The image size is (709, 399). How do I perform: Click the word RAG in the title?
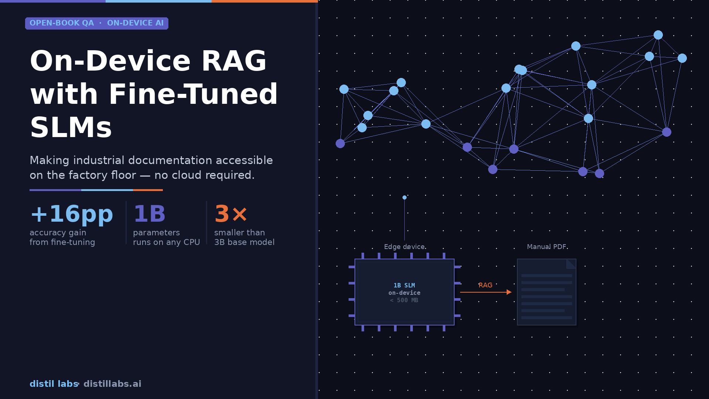tap(233, 61)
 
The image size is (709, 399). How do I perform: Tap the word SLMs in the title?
tap(71, 127)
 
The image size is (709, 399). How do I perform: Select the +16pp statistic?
tap(71, 214)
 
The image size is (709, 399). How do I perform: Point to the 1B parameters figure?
tap(149, 214)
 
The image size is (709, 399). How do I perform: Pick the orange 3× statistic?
tap(230, 214)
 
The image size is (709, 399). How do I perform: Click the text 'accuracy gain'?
tap(58, 233)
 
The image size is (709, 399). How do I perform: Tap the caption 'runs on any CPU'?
tap(166, 242)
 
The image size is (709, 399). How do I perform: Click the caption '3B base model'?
tap(244, 242)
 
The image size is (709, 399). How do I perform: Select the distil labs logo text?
tap(54, 384)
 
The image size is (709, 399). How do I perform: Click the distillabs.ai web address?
tap(112, 384)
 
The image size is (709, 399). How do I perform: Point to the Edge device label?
tap(404, 247)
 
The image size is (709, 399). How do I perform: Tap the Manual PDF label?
tap(547, 247)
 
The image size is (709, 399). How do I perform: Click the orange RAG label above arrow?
tap(485, 285)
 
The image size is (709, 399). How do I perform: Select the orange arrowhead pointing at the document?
tap(509, 292)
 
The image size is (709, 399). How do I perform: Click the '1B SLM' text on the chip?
tap(404, 286)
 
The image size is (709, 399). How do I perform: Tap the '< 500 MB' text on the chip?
tap(404, 300)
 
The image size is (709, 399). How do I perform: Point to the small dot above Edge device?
tap(404, 198)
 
